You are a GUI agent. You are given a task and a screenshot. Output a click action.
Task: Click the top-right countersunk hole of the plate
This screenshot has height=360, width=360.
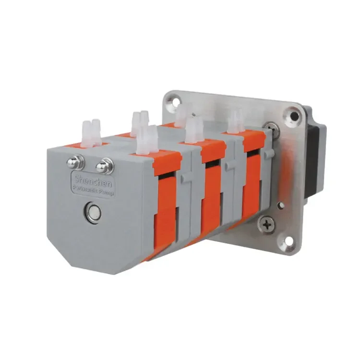click(291, 115)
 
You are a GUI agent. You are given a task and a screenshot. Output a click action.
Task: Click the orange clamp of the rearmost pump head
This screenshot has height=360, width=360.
click(252, 178)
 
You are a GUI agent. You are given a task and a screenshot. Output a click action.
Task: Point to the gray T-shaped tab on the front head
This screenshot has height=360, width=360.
click(186, 177)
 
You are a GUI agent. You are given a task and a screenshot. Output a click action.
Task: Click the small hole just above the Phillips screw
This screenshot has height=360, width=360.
click(281, 205)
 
